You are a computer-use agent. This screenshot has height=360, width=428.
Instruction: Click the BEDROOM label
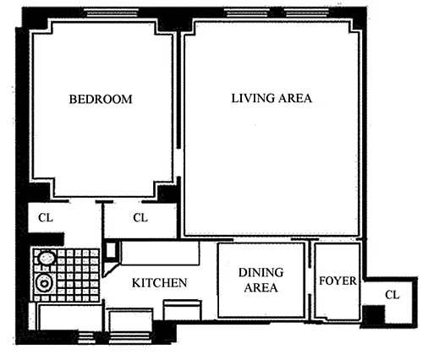(x=101, y=99)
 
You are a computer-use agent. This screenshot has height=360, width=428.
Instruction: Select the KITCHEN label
(x=160, y=283)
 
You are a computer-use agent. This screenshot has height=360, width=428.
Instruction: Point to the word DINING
(x=261, y=272)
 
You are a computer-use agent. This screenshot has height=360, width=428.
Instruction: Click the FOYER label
(x=337, y=281)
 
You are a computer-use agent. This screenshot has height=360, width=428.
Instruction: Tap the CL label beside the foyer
(x=392, y=295)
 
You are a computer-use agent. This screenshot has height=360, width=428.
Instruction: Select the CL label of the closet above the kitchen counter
(x=140, y=218)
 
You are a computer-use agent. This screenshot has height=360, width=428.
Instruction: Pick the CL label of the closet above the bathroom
(x=46, y=218)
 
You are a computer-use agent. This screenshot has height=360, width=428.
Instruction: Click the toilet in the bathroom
(x=44, y=282)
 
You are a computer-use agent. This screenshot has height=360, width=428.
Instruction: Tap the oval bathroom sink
(x=47, y=258)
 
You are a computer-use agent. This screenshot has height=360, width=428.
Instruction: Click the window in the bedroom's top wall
(x=112, y=13)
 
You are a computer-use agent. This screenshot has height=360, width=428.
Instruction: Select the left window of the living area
(x=247, y=13)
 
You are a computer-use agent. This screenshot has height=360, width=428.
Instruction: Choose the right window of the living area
(x=306, y=13)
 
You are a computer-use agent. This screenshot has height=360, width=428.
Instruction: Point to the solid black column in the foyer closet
(x=374, y=315)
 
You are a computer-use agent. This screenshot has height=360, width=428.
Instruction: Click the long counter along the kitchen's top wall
(x=160, y=253)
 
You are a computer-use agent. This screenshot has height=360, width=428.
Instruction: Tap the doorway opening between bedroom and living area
(x=178, y=162)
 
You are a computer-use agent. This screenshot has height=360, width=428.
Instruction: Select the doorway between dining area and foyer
(x=310, y=281)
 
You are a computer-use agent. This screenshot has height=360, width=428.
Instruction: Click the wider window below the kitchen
(x=130, y=337)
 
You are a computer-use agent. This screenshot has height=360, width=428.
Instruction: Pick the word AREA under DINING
(x=261, y=287)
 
